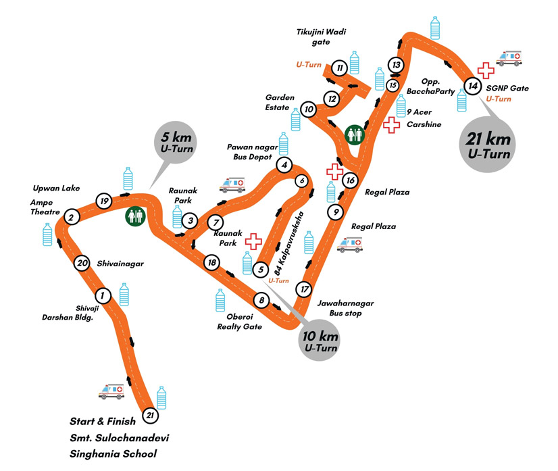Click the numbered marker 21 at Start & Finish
(151, 416)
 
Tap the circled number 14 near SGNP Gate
(474, 86)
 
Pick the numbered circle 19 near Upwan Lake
(103, 201)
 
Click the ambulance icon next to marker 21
(111, 391)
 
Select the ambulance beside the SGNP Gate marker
(508, 59)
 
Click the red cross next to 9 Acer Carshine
(390, 125)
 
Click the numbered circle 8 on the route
(261, 300)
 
